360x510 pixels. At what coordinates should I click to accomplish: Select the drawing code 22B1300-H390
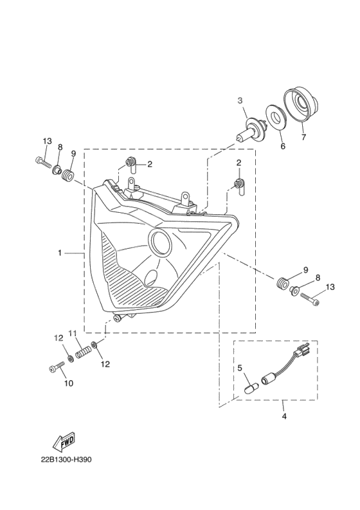pyautogui.click(x=66, y=460)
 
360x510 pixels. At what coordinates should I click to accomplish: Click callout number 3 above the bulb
pyautogui.click(x=240, y=101)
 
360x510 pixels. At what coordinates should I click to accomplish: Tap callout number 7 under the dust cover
pyautogui.click(x=303, y=137)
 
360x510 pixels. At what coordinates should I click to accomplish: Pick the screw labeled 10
pyautogui.click(x=57, y=367)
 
